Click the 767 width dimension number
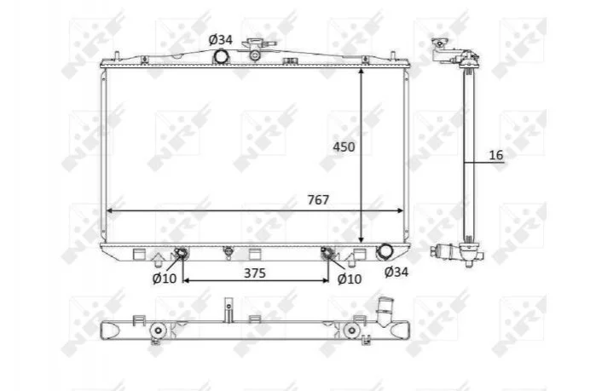click(x=318, y=199)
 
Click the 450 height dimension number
click(x=344, y=147)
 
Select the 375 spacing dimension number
click(x=255, y=273)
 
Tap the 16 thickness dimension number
click(x=495, y=155)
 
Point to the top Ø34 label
click(x=221, y=39)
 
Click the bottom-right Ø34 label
click(x=396, y=272)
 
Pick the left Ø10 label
click(x=165, y=279)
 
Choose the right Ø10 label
click(x=349, y=279)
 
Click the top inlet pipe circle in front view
click(x=221, y=57)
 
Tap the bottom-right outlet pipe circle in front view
click(x=385, y=251)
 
